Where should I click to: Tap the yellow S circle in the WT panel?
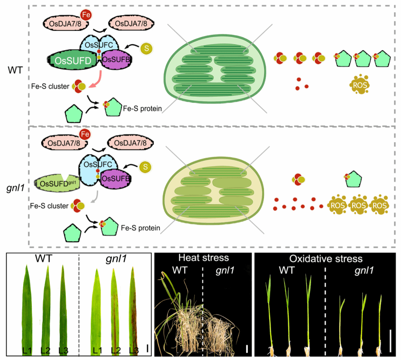148,49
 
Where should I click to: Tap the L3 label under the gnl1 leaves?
133,351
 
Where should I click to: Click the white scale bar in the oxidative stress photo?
390,341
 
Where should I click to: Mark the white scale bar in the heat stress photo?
247,349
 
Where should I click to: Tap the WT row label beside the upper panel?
15,69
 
